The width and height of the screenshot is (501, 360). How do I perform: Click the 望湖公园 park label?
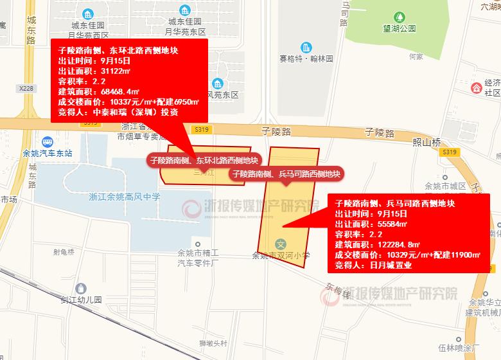click(399, 28)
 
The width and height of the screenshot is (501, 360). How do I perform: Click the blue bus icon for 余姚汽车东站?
click(47, 141)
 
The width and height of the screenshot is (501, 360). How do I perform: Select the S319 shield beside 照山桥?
click(450, 152)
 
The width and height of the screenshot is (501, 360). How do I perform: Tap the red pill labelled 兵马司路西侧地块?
click(286, 174)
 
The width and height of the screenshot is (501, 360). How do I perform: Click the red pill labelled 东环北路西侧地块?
click(204, 161)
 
